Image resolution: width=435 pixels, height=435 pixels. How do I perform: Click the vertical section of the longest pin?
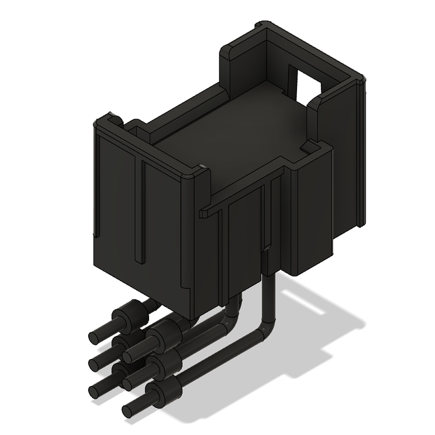[x=268, y=297]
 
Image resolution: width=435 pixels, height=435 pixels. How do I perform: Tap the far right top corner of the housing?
[x=361, y=79]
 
